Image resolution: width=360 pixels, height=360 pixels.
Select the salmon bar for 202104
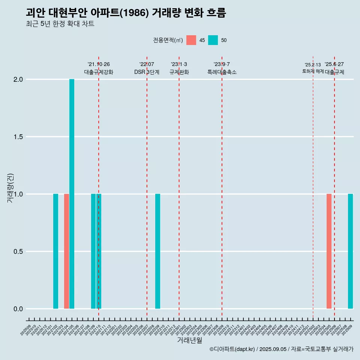[66, 251]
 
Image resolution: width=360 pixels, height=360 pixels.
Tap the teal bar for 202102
[55, 251]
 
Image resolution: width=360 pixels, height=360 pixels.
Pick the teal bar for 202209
[157, 251]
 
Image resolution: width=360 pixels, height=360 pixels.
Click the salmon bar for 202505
[329, 251]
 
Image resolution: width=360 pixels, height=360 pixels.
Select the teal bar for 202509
[350, 251]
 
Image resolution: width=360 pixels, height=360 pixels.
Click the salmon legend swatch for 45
[191, 40]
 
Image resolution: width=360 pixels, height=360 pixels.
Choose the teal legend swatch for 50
[213, 40]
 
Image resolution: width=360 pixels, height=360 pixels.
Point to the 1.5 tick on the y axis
[18, 137]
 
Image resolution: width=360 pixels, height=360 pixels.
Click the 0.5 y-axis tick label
[18, 252]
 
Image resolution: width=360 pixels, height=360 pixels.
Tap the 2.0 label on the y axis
[18, 79]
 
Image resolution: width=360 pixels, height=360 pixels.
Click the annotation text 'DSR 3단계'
[147, 72]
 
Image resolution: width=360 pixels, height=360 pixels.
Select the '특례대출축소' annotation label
[222, 72]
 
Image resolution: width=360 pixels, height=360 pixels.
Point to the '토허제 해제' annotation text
[313, 71]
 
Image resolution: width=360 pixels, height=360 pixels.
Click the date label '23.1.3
[179, 64]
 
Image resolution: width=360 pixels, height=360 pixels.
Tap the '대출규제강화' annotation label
[99, 72]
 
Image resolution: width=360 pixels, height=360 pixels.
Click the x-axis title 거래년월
[189, 340]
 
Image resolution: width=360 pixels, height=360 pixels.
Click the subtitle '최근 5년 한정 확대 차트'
[60, 24]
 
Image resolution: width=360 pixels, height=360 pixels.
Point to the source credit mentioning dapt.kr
[281, 349]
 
